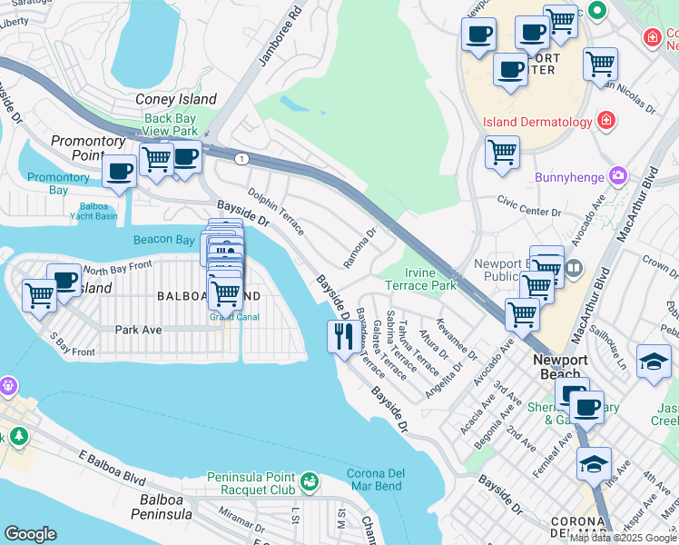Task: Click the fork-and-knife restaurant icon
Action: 341,337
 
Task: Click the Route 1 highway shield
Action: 241,159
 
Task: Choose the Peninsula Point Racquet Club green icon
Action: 310,479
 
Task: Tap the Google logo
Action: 30,534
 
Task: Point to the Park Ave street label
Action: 138,329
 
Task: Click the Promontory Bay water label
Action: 59,183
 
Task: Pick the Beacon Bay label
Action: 163,240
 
